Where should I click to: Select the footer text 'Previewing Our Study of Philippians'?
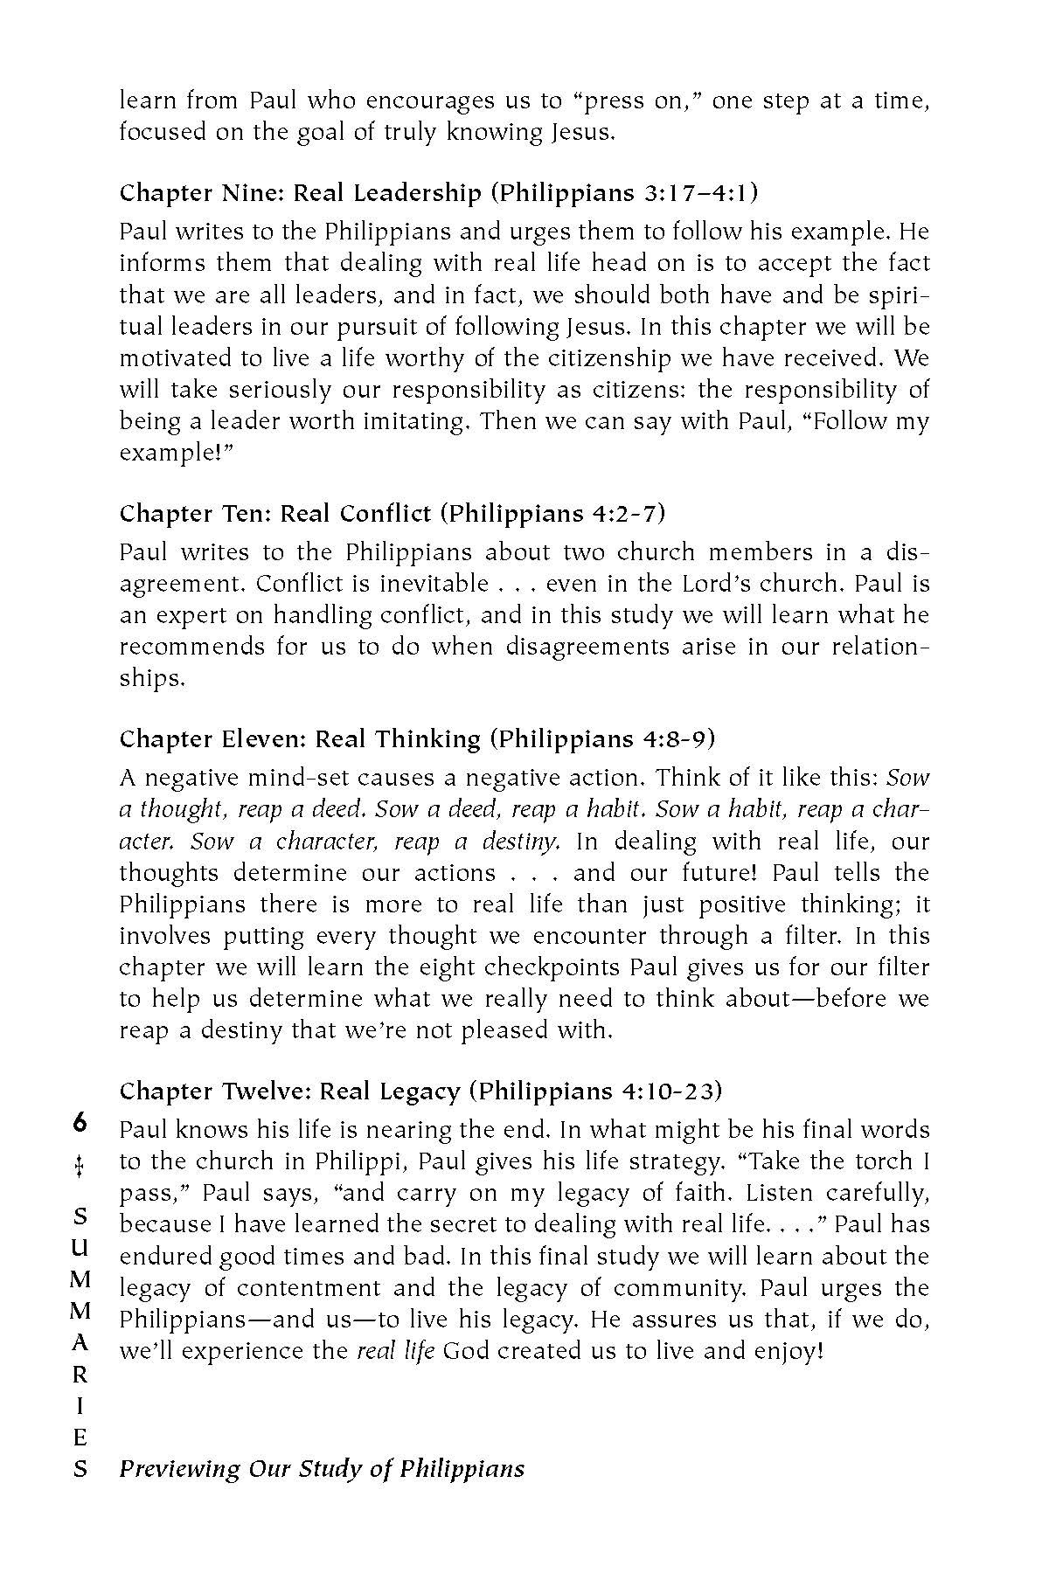click(322, 1469)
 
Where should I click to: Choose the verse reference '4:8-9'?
click(674, 739)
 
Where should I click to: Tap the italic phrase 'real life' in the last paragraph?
click(396, 1351)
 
